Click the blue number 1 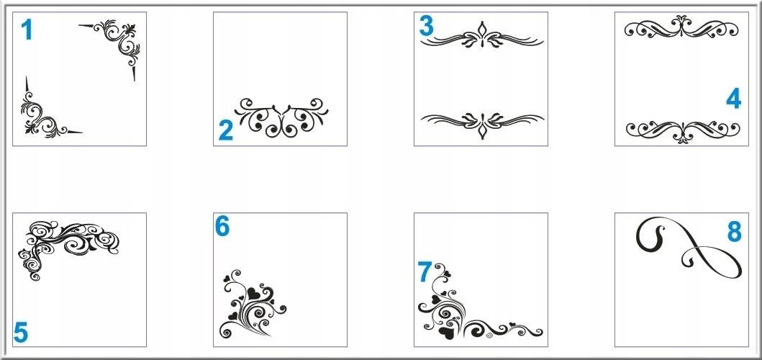(x=27, y=30)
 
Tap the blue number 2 (x=225, y=130)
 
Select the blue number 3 (x=426, y=26)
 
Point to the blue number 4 (x=733, y=99)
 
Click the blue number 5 (x=21, y=333)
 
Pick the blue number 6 (x=222, y=226)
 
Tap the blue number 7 (x=425, y=271)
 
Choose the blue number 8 (x=735, y=232)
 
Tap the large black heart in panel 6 (x=253, y=294)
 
